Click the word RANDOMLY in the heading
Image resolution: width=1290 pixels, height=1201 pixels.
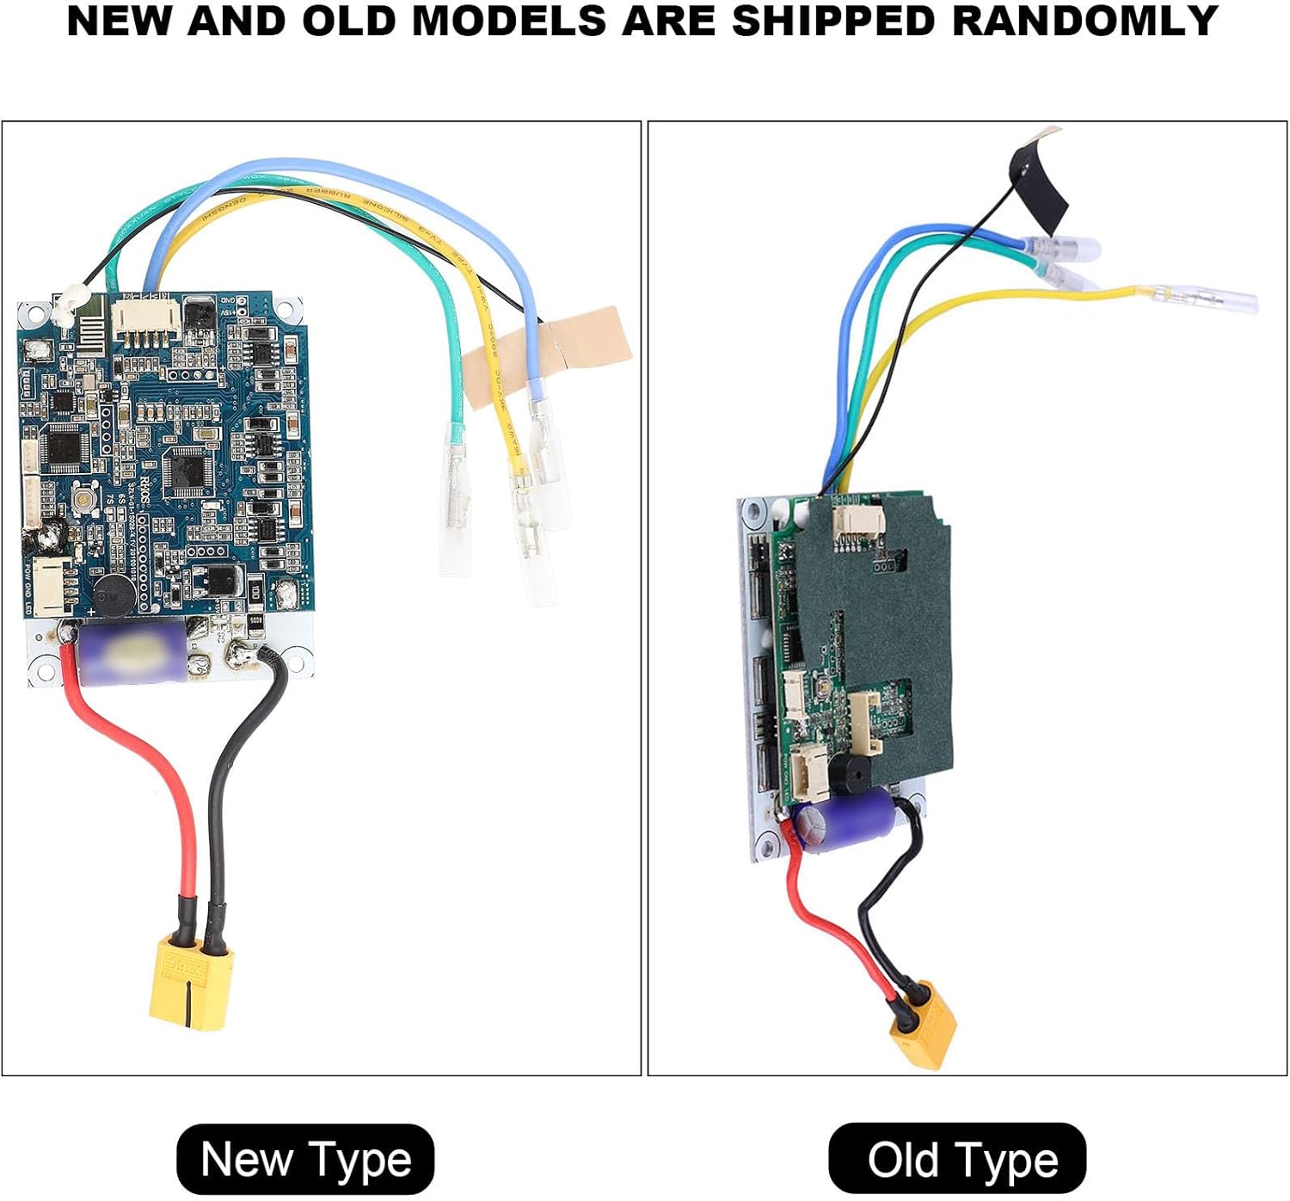pyautogui.click(x=1085, y=21)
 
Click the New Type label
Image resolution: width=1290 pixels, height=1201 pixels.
pyautogui.click(x=305, y=1159)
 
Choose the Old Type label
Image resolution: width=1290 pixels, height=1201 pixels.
pyautogui.click(x=957, y=1159)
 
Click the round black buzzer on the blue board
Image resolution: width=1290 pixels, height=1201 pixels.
pyautogui.click(x=112, y=594)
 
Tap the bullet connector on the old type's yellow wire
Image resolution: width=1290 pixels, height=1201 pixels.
pyautogui.click(x=1204, y=299)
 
